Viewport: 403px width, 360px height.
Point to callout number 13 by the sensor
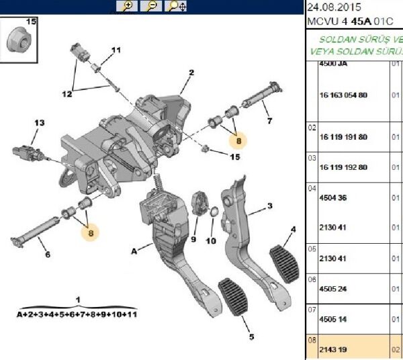click(39, 123)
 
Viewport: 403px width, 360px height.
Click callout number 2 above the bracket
click(191, 73)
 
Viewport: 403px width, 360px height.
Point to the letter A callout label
click(134, 251)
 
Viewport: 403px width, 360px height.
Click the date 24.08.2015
click(334, 7)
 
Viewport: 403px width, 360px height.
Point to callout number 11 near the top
click(116, 50)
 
